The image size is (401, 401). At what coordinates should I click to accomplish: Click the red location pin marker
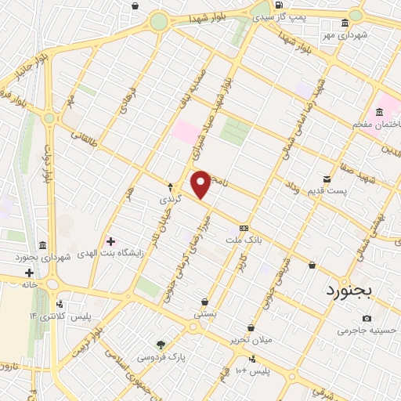(x=201, y=184)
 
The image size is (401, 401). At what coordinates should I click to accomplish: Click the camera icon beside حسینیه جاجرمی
(x=367, y=318)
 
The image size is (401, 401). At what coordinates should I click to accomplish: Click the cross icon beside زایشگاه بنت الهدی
(x=110, y=240)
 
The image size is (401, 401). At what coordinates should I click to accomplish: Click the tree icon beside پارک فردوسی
(x=161, y=344)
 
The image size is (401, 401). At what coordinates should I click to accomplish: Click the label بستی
(x=205, y=313)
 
